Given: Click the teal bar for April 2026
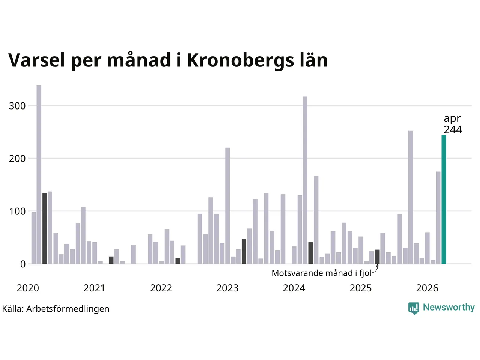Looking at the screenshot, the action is coord(444,199).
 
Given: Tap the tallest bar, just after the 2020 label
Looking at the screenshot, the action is coord(39,174).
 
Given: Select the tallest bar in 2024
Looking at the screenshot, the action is coord(305,180).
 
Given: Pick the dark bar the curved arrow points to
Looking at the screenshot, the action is coord(377,256).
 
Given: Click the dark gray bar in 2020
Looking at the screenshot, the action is coord(45,228).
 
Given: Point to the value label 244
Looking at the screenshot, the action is coord(453,130).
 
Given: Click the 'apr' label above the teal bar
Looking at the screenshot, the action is coord(452,119).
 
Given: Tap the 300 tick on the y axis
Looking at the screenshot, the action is coord(17,106).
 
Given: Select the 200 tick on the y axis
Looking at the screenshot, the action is coord(17,159).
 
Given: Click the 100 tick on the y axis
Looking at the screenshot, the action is coord(17,211).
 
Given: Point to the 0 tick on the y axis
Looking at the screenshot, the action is coord(23,264).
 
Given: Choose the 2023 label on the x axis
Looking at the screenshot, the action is coord(227,288).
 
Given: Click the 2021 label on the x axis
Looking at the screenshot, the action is coord(94,288).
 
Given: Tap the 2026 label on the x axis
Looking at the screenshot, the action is coord(427,288).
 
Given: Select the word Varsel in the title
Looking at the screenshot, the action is coord(37,60).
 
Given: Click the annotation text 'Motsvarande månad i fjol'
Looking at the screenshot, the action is coord(321,273).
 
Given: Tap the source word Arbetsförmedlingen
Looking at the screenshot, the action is coord(68,309).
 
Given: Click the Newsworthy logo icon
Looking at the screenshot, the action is coord(414,308).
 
